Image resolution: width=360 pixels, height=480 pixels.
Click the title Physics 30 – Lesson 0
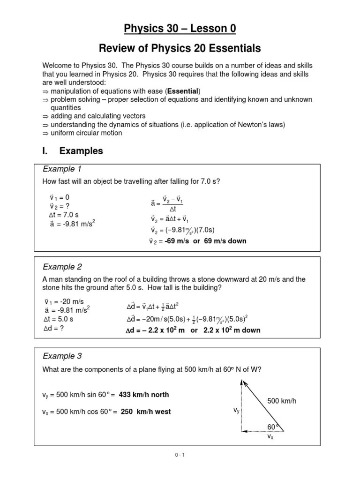[x=180, y=29]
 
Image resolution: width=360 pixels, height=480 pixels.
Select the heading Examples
[x=81, y=151]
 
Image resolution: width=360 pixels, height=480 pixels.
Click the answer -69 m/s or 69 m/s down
[x=206, y=241]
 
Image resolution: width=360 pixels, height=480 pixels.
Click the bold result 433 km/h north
[x=144, y=395]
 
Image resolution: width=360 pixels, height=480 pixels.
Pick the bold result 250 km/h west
[x=145, y=412]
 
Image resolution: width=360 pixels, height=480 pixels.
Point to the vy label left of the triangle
[x=237, y=410]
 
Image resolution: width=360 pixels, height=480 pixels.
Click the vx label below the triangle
[x=270, y=436]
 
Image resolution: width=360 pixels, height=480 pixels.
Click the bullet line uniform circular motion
[x=86, y=133]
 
